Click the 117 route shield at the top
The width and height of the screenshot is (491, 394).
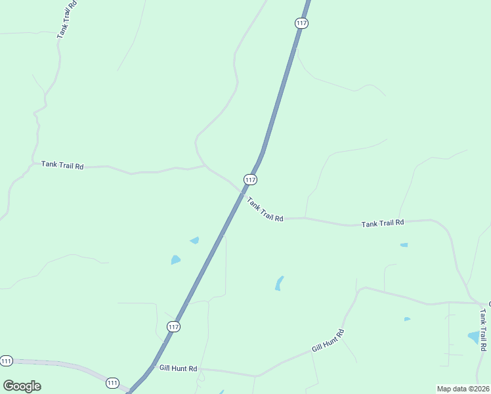[x=301, y=23]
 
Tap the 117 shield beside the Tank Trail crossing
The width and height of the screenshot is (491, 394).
[x=250, y=179]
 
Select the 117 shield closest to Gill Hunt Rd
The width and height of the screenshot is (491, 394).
[x=173, y=326]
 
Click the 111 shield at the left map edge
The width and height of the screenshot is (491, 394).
[x=7, y=361]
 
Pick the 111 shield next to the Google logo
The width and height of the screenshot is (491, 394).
[x=112, y=382]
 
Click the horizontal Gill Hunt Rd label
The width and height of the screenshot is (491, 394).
[x=178, y=368]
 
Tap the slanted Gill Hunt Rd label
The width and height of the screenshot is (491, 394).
[x=328, y=341]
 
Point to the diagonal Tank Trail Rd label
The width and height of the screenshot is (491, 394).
[x=265, y=209]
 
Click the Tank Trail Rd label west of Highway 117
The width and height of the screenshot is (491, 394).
[x=62, y=165]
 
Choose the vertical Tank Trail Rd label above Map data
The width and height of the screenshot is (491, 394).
[x=482, y=330]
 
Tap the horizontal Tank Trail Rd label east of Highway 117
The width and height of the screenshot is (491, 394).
[x=382, y=223]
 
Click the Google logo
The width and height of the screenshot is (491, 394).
[x=22, y=386]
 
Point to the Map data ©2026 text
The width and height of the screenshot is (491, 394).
[x=463, y=388]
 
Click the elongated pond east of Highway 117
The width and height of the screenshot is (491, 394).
[x=279, y=283]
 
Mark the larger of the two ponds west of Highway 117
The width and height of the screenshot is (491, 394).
[x=175, y=260]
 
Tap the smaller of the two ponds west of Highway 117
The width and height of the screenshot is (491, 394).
[x=194, y=240]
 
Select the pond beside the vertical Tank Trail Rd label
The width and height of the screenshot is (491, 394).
[x=473, y=338]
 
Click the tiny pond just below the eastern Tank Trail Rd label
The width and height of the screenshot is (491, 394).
[x=404, y=245]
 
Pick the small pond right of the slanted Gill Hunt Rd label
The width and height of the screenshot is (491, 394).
[x=408, y=319]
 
